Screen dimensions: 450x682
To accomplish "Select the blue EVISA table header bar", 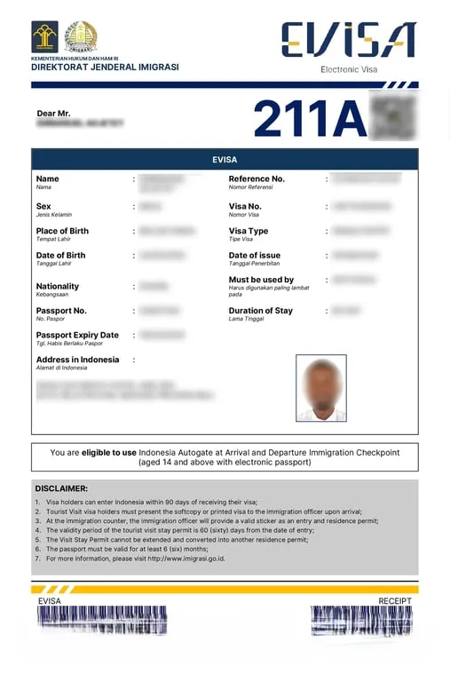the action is [225, 159].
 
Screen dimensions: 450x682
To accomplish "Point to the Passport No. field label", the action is [61, 311].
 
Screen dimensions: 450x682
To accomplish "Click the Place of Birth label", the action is [62, 231].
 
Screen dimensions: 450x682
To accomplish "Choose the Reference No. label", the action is [257, 178].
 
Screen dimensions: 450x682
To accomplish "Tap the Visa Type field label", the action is [249, 231].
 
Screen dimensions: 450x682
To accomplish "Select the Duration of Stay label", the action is [260, 311].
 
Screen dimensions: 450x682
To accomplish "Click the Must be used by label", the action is [261, 280].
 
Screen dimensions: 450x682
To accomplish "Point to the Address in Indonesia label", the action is [77, 360].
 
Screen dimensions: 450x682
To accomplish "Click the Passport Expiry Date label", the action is [77, 335].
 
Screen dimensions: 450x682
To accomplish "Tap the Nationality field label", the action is [58, 286].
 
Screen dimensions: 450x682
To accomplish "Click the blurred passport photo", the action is [320, 388].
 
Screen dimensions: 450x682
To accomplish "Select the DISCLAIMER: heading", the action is [61, 488].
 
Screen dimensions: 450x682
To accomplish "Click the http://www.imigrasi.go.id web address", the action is [186, 559].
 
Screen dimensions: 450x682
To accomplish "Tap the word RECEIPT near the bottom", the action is [395, 601].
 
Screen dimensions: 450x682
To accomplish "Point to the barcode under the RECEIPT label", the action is [361, 621].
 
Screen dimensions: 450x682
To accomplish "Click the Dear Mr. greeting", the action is [53, 114].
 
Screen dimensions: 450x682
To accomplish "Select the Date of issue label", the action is [255, 256].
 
